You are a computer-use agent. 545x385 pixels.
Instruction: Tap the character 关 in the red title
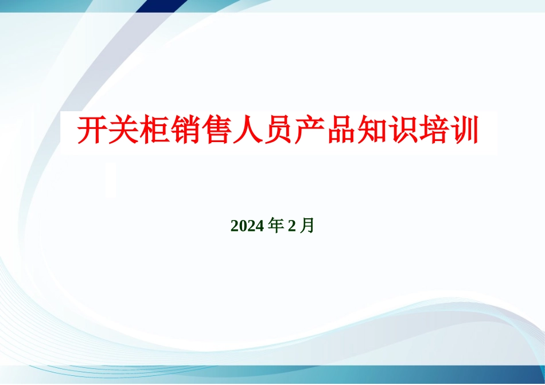tap(123, 131)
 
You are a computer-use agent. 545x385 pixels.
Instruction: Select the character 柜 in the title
tap(154, 131)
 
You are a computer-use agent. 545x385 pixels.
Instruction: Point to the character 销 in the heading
tap(185, 131)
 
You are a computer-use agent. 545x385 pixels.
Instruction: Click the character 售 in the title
tap(216, 131)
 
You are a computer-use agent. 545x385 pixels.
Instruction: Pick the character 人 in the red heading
tap(247, 131)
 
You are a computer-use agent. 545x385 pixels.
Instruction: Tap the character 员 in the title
tap(278, 131)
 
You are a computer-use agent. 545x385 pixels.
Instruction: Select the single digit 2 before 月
tap(291, 226)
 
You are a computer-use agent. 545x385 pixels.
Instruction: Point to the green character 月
tap(307, 226)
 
